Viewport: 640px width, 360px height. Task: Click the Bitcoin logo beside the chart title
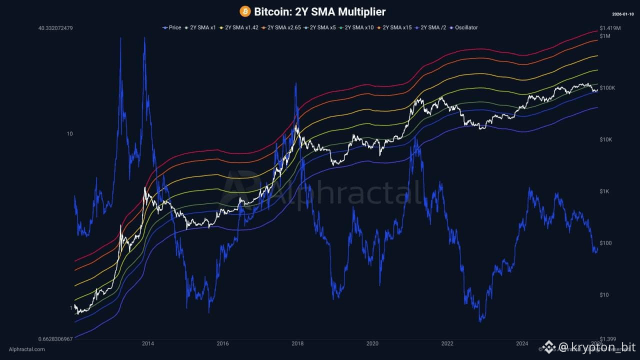pos(245,11)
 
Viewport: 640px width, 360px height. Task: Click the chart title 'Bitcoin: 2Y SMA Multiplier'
pos(320,11)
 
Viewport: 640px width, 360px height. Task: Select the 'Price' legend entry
pos(172,27)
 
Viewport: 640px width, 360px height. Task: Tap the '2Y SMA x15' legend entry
pos(394,27)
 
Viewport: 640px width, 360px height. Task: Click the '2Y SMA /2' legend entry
pos(432,27)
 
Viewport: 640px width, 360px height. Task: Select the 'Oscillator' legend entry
pos(464,27)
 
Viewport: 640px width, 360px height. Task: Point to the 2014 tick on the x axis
pos(147,343)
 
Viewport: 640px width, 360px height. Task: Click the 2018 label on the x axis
pos(297,343)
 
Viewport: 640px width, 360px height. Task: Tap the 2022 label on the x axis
pos(447,343)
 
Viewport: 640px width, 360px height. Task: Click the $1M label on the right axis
pos(605,36)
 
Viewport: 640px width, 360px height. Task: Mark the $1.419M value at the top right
pos(610,28)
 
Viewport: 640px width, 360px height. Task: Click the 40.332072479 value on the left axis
pos(55,28)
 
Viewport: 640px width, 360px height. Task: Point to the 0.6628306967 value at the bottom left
pos(55,339)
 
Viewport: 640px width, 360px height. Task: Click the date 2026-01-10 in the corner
pos(623,14)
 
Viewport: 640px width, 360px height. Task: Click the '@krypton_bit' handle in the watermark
pos(594,347)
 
